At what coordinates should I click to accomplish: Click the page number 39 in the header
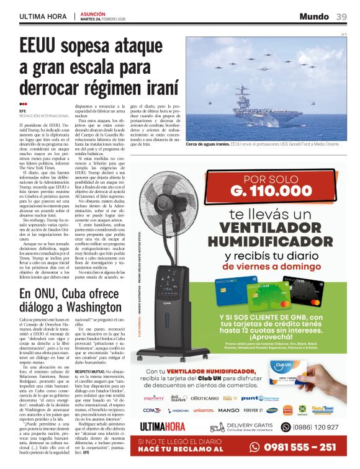tap(341, 17)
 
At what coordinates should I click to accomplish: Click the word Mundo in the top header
tap(314, 17)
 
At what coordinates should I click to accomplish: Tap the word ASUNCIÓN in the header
tap(92, 12)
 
